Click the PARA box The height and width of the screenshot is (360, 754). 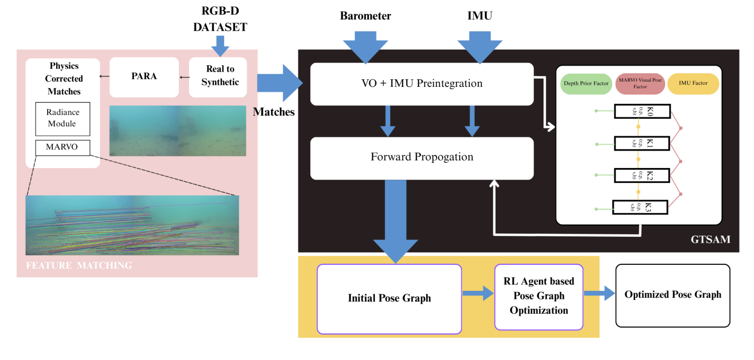[x=144, y=77]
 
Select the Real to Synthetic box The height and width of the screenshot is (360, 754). [x=218, y=77]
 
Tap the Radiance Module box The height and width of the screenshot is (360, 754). [x=63, y=119]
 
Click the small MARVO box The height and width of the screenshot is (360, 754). [x=63, y=147]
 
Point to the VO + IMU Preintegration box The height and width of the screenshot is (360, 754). [x=422, y=84]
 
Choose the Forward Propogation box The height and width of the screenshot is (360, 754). [x=422, y=157]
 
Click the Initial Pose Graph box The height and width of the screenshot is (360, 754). [x=389, y=298]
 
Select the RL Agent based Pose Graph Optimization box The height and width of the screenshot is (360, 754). [x=539, y=296]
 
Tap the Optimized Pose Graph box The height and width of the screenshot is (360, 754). [x=672, y=295]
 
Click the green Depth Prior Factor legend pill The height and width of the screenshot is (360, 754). [x=585, y=84]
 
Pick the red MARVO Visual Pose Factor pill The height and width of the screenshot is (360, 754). [x=639, y=84]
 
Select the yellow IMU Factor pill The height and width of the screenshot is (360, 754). [x=693, y=84]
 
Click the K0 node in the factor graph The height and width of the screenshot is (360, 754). [x=642, y=111]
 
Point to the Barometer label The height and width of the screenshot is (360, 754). [x=365, y=16]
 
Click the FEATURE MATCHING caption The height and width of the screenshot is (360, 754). [x=79, y=266]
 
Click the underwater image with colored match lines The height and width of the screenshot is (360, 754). [x=132, y=225]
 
